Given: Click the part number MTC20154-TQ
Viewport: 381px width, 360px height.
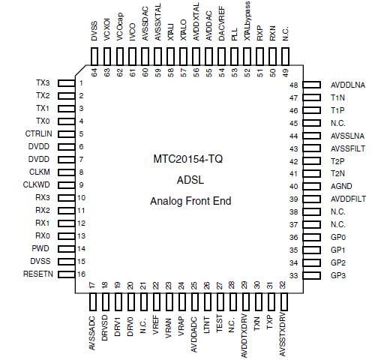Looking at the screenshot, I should point(190,159).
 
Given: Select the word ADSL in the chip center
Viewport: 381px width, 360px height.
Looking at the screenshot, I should point(190,180).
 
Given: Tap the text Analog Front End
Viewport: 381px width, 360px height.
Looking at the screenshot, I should point(190,201).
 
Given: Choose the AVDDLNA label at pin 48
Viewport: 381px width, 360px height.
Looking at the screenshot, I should point(348,85).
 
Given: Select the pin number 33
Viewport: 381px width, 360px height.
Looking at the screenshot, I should point(294,275).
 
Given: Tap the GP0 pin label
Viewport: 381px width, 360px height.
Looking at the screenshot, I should point(338,237).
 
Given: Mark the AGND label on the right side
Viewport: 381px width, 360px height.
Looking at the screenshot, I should point(341,186).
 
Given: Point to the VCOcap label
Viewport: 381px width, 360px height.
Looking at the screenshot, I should point(120,24).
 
